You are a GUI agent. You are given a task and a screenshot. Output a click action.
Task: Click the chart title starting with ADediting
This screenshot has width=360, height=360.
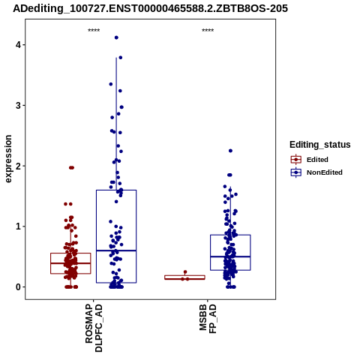pos(151,8)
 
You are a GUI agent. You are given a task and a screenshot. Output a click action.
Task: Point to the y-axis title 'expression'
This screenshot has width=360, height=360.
pos(8,159)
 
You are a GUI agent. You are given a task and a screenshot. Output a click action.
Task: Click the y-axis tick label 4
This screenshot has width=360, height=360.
pos(19,45)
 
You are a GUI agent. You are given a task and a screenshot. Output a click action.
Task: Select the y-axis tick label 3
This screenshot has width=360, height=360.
pos(19,105)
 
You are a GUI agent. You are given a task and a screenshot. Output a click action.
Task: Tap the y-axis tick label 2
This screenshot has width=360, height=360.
pos(19,166)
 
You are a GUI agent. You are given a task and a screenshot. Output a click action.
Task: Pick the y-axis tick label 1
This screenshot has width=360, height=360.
pos(19,226)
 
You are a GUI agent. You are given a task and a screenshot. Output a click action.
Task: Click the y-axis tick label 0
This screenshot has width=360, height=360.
pos(19,287)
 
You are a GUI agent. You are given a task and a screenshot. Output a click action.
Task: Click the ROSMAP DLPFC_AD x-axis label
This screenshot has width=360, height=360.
pos(94,328)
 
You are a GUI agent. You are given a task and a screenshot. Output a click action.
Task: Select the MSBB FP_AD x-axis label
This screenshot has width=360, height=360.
pos(208,319)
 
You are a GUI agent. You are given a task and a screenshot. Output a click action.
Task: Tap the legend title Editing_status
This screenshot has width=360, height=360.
pos(320,145)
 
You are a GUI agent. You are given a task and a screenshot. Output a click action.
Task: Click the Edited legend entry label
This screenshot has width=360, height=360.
pos(317,160)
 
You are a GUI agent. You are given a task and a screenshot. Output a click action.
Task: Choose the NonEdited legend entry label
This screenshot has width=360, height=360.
pos(325,172)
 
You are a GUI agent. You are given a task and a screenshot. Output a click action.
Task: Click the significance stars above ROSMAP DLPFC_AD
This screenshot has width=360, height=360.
pos(94,31)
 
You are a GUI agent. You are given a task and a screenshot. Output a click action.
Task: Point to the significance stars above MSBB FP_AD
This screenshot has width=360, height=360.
pos(208,31)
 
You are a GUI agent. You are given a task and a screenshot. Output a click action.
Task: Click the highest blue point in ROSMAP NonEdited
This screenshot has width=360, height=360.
pos(116,37)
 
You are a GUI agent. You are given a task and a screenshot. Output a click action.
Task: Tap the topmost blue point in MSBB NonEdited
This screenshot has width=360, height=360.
pos(230,151)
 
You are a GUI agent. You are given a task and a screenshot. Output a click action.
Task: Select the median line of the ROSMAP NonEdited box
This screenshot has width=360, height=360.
pos(116,250)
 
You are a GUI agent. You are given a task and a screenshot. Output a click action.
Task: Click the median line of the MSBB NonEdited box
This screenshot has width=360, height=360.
pos(230,256)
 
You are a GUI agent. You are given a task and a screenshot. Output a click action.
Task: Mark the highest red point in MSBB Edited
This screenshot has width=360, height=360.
pos(185,271)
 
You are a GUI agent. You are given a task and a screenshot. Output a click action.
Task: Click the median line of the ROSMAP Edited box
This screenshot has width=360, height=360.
pos(70,263)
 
